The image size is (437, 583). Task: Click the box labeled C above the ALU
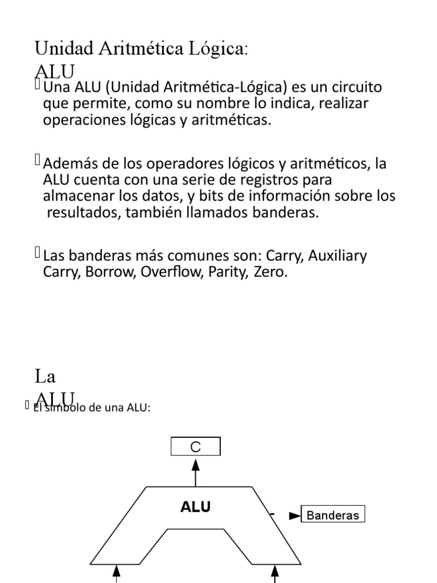coord(196,447)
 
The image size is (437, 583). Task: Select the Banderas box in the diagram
coord(333,516)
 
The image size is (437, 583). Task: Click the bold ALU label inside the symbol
coord(196,507)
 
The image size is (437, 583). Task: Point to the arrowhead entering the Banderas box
coord(294,516)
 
